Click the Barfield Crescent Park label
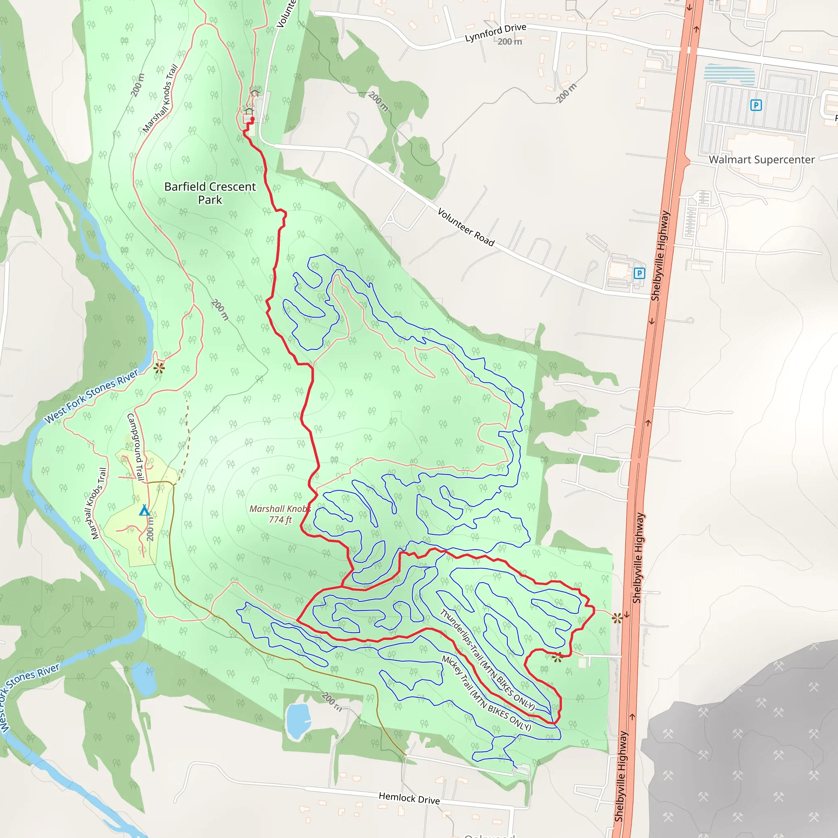[x=210, y=193]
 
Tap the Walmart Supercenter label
[x=761, y=160]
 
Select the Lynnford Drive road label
[x=496, y=33]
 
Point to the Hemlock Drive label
[x=409, y=797]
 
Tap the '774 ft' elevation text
[x=280, y=519]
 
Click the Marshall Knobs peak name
[x=280, y=509]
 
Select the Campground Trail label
[x=135, y=446]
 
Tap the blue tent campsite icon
[x=144, y=510]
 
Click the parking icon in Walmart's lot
[x=756, y=105]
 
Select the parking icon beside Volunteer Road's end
[x=640, y=273]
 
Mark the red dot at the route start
[x=252, y=118]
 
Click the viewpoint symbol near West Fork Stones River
[x=159, y=368]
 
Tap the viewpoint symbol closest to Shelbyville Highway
[x=617, y=618]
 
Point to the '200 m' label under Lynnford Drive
[x=510, y=42]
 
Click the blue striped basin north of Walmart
[x=729, y=74]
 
